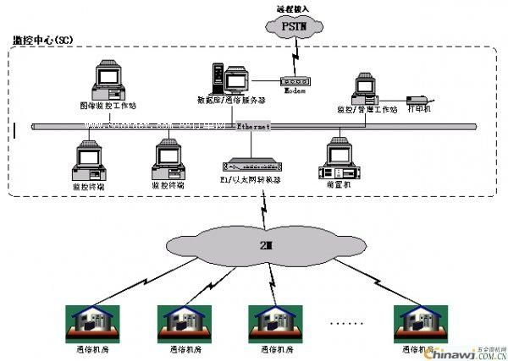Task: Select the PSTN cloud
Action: coord(296,27)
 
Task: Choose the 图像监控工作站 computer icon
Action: coord(109,80)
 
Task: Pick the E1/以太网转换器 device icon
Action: coord(249,163)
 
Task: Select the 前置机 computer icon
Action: coord(338,157)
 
